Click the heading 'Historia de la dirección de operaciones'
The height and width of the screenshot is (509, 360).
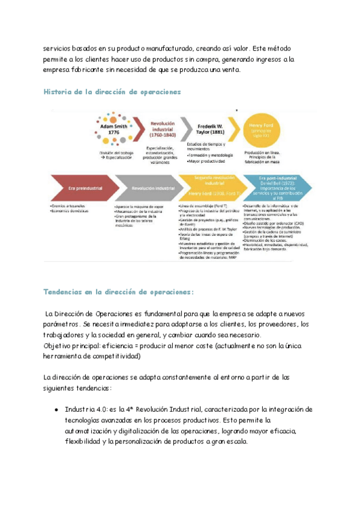(x=112, y=92)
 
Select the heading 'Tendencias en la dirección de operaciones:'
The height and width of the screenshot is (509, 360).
(x=119, y=292)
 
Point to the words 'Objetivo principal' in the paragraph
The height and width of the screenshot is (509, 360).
(x=69, y=346)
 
